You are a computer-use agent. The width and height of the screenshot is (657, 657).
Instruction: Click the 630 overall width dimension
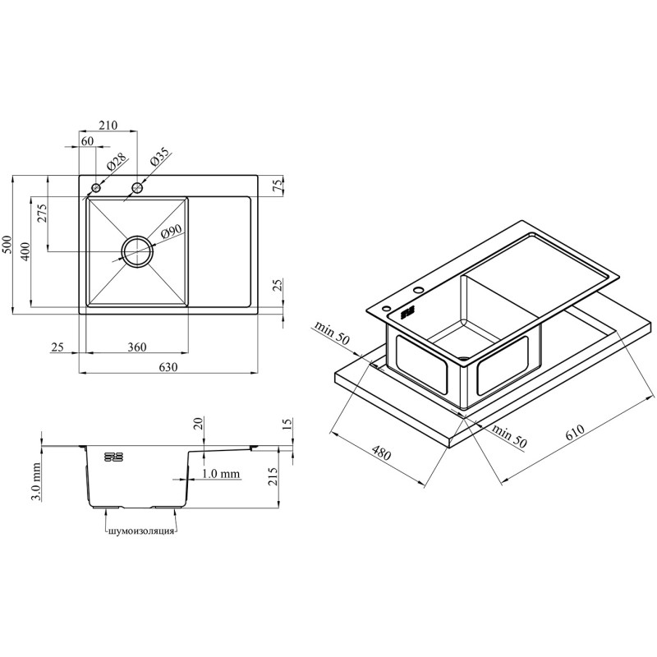tap(168, 367)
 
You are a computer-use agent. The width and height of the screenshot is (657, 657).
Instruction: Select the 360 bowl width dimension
tap(137, 347)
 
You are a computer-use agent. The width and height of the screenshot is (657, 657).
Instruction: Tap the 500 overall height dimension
tap(7, 244)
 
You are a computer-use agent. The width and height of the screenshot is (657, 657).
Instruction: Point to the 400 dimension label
tap(25, 251)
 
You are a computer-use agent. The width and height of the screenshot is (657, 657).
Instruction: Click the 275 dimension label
tap(44, 213)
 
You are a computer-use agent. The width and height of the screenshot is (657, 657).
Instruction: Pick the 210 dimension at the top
tap(108, 125)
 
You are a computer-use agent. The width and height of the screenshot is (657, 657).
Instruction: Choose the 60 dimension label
tap(87, 141)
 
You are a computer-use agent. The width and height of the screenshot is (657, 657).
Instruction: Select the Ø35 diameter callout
tap(159, 157)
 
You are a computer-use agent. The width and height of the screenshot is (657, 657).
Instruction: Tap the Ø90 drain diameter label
tap(170, 232)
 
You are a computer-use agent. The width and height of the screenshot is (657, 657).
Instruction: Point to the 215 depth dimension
tap(273, 476)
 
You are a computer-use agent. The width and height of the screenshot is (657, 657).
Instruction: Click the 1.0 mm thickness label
tap(221, 474)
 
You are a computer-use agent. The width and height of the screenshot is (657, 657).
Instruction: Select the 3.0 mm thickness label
tap(36, 482)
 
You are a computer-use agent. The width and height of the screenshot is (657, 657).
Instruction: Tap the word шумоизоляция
tap(140, 531)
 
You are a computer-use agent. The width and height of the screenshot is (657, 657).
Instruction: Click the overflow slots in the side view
tap(113, 457)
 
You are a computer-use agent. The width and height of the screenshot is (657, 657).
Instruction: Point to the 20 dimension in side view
tap(199, 423)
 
